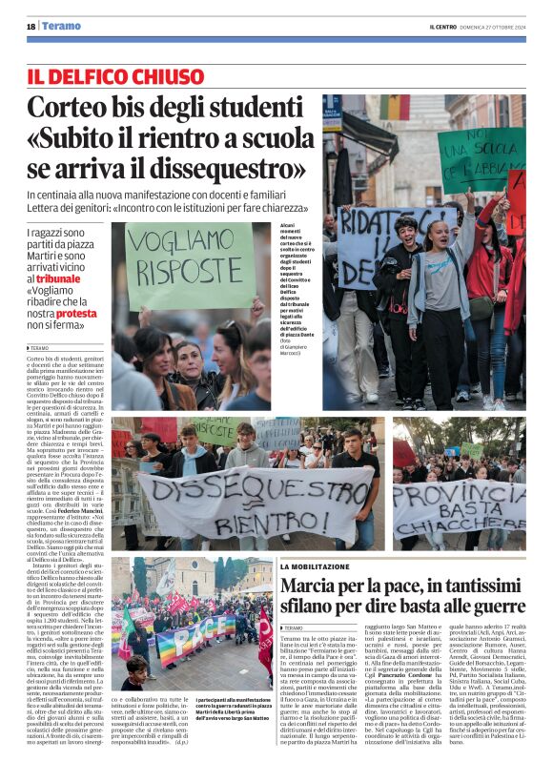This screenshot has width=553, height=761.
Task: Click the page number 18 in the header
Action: [31, 26]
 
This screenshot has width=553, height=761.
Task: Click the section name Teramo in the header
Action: [62, 26]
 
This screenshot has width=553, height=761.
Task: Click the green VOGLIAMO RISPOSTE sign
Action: [189, 264]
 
